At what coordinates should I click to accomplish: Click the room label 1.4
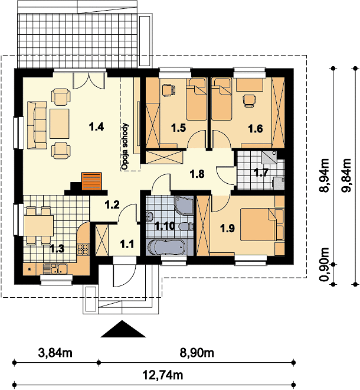coord(96,127)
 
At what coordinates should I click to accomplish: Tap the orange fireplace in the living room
coord(91,181)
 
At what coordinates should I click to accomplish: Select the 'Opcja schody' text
coord(125,147)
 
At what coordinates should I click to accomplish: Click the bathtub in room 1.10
coord(166,247)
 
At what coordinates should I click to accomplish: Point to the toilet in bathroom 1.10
coord(186,226)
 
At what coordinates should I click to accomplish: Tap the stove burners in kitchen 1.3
coord(83,249)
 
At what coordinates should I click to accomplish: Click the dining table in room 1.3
coord(38,226)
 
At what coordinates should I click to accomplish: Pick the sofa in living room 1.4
coord(37,125)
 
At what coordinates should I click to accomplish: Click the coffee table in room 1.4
coord(60,123)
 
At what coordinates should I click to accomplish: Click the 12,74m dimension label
coord(163,375)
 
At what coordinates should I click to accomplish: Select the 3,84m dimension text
coord(55,353)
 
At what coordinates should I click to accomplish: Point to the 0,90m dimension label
coord(324,264)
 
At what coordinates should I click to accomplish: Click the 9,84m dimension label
coord(346,175)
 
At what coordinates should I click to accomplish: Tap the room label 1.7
coord(261,172)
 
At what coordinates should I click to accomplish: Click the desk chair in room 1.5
coord(168,90)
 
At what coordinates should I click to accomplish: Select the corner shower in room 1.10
coord(184,206)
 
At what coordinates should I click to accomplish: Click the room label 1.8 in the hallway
coord(197,174)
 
